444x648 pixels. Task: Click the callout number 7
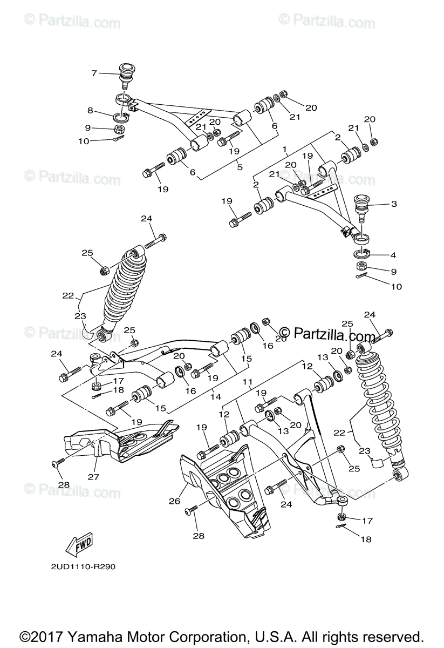pyautogui.click(x=94, y=73)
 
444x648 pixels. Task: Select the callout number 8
pyautogui.click(x=91, y=111)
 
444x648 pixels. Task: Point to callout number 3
pyautogui.click(x=394, y=204)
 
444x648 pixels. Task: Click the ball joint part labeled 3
pyautogui.click(x=360, y=206)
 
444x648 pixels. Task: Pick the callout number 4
pyautogui.click(x=393, y=254)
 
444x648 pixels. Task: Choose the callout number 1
pyautogui.click(x=284, y=148)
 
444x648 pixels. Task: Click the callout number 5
pyautogui.click(x=240, y=167)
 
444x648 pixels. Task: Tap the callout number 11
pyautogui.click(x=248, y=382)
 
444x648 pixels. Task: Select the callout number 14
pyautogui.click(x=216, y=397)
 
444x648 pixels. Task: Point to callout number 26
pyautogui.click(x=174, y=501)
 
